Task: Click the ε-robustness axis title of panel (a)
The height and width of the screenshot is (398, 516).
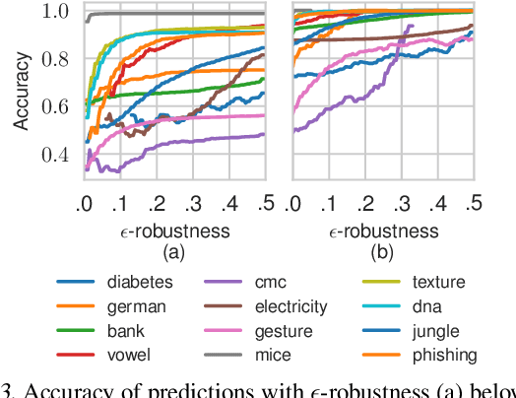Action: point(174,231)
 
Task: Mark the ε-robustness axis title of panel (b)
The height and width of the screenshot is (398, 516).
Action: point(382,231)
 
